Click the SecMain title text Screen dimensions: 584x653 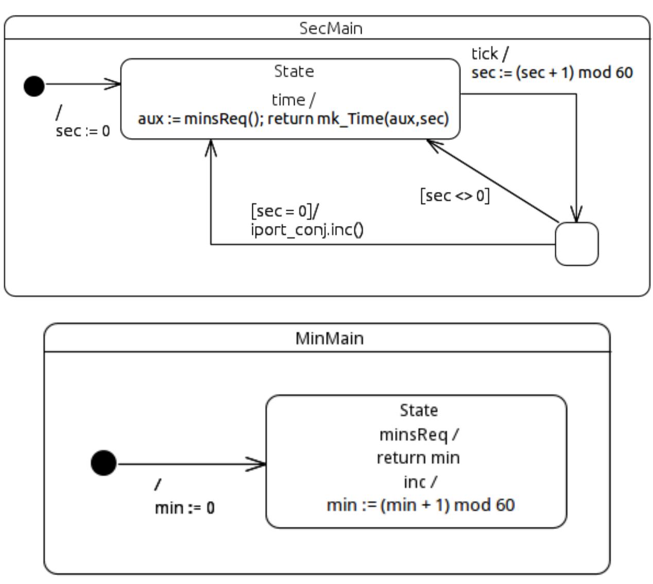coord(331,28)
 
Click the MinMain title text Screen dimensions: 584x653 coord(330,338)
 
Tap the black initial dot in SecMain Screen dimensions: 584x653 coord(34,85)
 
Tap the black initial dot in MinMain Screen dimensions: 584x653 coord(104,462)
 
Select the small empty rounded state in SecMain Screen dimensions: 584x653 coord(577,244)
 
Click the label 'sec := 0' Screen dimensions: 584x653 coord(83,131)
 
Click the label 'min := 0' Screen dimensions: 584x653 coord(185,508)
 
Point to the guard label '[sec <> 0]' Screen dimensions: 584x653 coord(455,196)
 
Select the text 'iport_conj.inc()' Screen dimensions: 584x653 coord(307,229)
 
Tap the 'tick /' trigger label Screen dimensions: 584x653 coord(490,54)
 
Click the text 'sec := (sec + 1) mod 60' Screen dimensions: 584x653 coord(552,73)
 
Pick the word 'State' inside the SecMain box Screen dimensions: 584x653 coord(294,71)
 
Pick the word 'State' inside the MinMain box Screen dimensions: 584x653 coord(419,410)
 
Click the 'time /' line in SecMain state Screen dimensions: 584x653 coord(294,99)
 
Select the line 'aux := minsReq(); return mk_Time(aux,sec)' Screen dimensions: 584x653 coord(294,119)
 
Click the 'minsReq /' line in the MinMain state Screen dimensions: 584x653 coord(419,435)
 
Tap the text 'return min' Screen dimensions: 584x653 coord(418,457)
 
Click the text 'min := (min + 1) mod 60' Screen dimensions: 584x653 coord(421,505)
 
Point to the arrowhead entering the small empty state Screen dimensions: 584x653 coord(577,216)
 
